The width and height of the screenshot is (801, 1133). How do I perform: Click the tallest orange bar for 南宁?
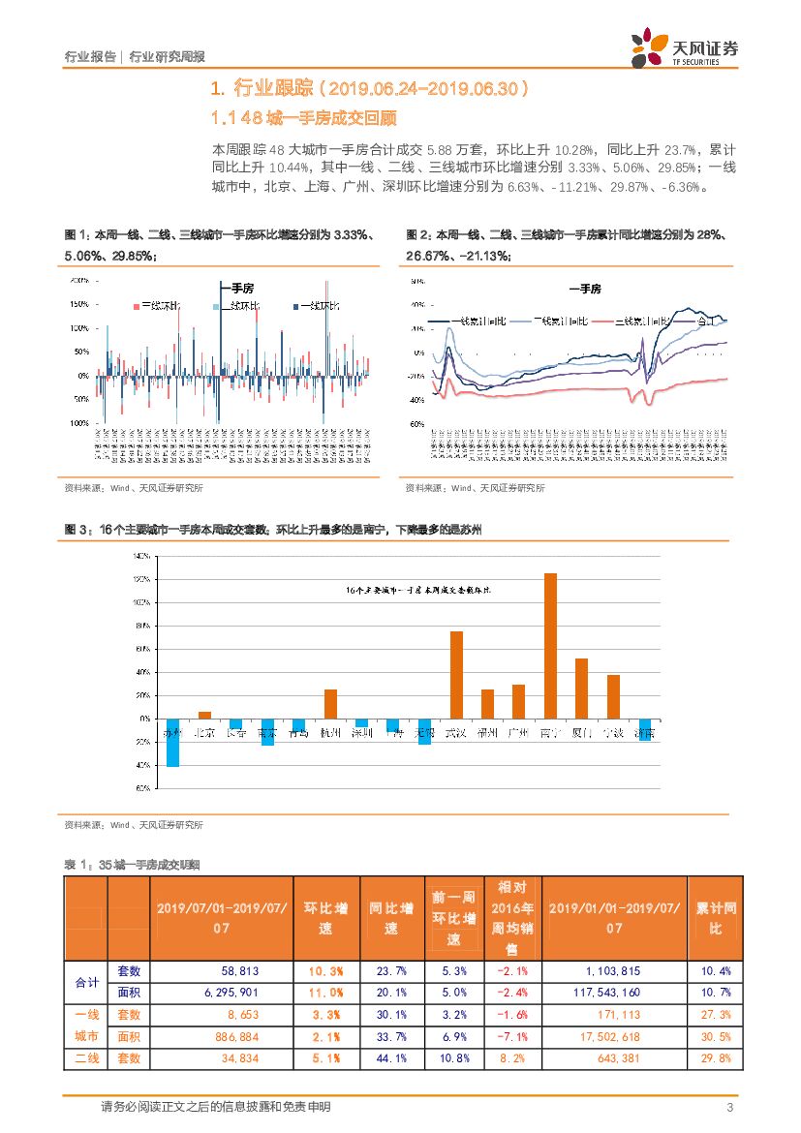pos(550,645)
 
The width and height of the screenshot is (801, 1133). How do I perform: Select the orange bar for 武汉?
pos(456,675)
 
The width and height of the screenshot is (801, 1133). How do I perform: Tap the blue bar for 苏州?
pos(172,742)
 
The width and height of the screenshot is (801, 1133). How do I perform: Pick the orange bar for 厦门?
pos(581,689)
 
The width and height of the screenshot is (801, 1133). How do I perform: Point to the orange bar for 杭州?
pos(330,704)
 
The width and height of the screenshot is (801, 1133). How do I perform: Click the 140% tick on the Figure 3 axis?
pos(140,557)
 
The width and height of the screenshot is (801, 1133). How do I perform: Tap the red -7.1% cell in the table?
pos(510,1036)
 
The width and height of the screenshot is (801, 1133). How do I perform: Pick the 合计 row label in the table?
pos(86,982)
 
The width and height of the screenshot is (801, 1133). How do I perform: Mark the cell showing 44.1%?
pos(390,1058)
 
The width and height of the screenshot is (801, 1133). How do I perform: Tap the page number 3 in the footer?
pos(729,1107)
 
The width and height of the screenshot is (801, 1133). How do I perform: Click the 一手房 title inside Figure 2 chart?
pos(584,290)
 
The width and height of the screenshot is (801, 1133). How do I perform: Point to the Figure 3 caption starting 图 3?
pos(272,530)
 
